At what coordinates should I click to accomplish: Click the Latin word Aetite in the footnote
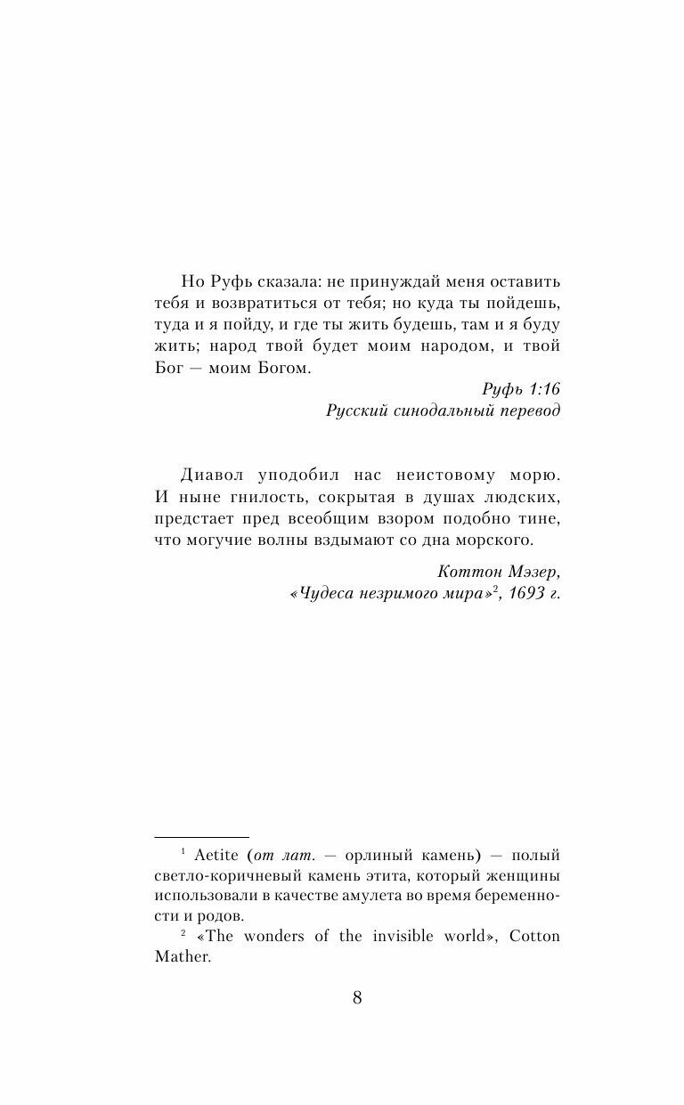click(x=215, y=855)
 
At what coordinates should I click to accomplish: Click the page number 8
click(x=357, y=997)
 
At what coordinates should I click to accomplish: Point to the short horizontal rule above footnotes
click(x=201, y=837)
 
